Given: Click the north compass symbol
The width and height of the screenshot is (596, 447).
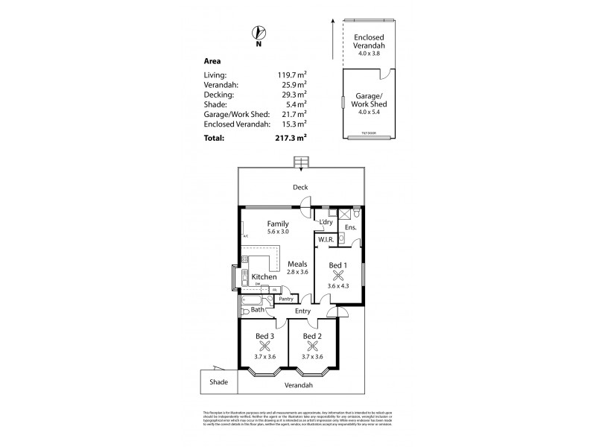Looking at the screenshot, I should (259, 32).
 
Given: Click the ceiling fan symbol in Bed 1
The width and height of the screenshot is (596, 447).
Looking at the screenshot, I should (338, 274).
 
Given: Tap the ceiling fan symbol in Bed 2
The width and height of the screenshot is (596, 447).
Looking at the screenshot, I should (311, 346).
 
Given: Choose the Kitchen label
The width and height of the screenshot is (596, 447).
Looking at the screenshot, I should (264, 277).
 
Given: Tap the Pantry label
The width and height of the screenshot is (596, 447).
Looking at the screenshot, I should (286, 299).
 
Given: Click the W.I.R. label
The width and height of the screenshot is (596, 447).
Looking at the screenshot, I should (325, 240).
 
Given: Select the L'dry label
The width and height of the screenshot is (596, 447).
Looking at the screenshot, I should (326, 222).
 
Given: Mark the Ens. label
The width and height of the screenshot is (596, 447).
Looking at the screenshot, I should (350, 226).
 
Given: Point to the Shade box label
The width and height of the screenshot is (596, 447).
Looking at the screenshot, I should (218, 381).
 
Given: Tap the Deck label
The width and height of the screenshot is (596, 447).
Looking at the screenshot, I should (300, 187).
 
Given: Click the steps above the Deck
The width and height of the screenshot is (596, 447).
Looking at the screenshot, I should (301, 162).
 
